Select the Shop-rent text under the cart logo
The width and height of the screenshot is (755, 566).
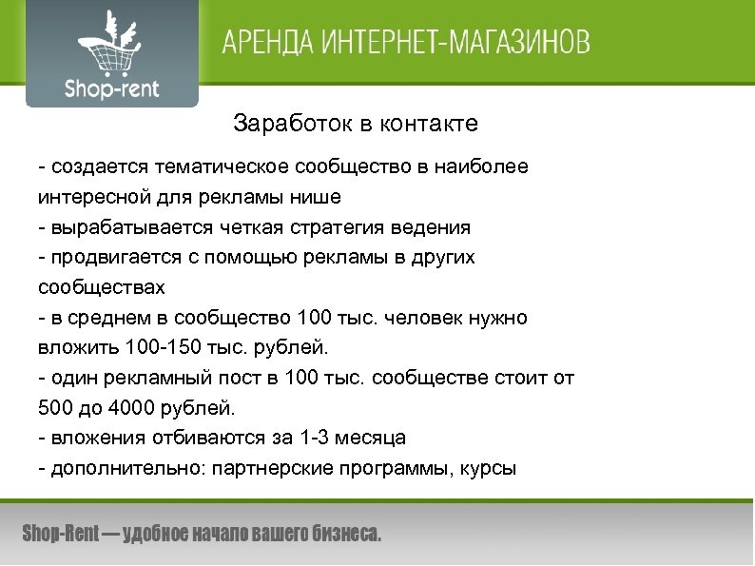click(x=111, y=89)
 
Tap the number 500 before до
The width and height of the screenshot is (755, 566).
click(x=54, y=408)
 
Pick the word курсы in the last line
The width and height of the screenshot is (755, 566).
click(x=490, y=468)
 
